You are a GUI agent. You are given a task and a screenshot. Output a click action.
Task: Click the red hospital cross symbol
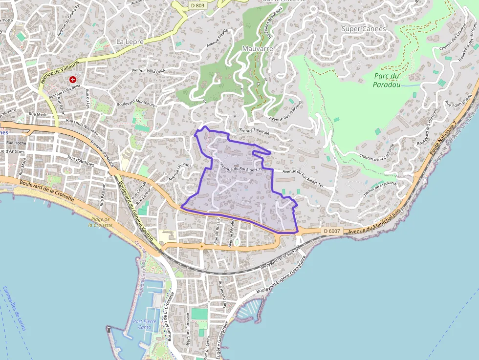coord(73,79)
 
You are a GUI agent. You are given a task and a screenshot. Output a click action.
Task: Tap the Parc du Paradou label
coord(387,80)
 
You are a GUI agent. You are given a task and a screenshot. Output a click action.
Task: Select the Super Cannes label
coord(363,29)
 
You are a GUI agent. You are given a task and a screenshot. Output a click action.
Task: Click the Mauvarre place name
coord(257,49)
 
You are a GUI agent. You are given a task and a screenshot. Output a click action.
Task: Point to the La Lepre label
coord(130,42)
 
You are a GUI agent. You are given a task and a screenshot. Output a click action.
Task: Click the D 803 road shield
coord(196,5)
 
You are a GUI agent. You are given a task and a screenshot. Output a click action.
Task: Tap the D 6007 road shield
coord(331,231)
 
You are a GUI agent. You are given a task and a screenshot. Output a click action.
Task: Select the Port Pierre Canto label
coord(145,324)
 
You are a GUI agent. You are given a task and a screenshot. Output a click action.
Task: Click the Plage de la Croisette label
coord(100,222)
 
